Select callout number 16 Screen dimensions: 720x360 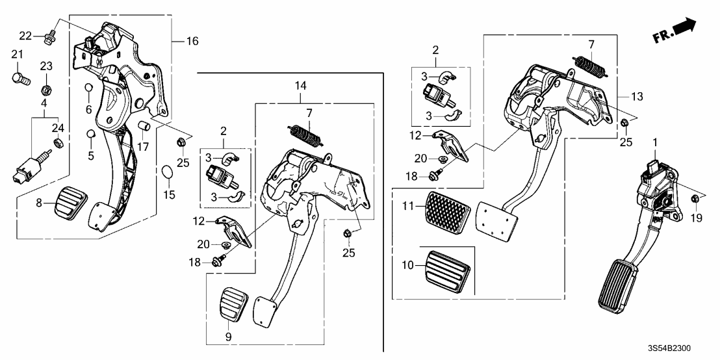coord(192,42)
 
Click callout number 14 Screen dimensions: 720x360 coord(300,85)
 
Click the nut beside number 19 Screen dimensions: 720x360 coord(695,198)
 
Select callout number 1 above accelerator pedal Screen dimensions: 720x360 coord(655,142)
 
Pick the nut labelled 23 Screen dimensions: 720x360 coord(46,88)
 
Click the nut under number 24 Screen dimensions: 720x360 coord(58,144)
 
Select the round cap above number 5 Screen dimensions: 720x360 coord(91,134)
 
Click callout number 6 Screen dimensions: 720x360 coord(88,109)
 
